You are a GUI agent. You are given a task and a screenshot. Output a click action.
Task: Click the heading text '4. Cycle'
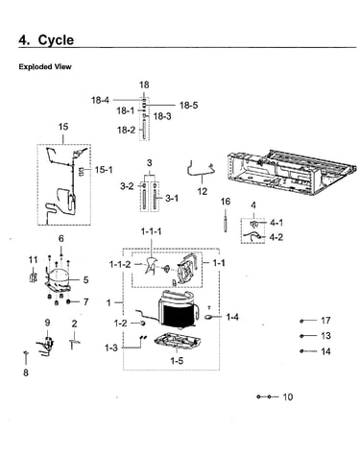tap(46, 40)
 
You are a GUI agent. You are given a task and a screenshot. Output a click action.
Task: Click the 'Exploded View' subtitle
tap(45, 67)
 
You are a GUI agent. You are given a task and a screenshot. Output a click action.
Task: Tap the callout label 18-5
tap(188, 105)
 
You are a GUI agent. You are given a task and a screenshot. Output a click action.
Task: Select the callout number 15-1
tap(104, 170)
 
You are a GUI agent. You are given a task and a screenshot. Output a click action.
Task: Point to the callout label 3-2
tap(127, 186)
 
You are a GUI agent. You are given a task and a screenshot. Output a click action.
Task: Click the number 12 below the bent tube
tap(203, 191)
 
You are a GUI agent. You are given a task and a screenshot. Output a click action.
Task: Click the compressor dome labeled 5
tap(59, 276)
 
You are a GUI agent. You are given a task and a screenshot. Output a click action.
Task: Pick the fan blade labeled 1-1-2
tap(151, 265)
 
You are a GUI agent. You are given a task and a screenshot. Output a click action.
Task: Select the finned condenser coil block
tap(177, 315)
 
